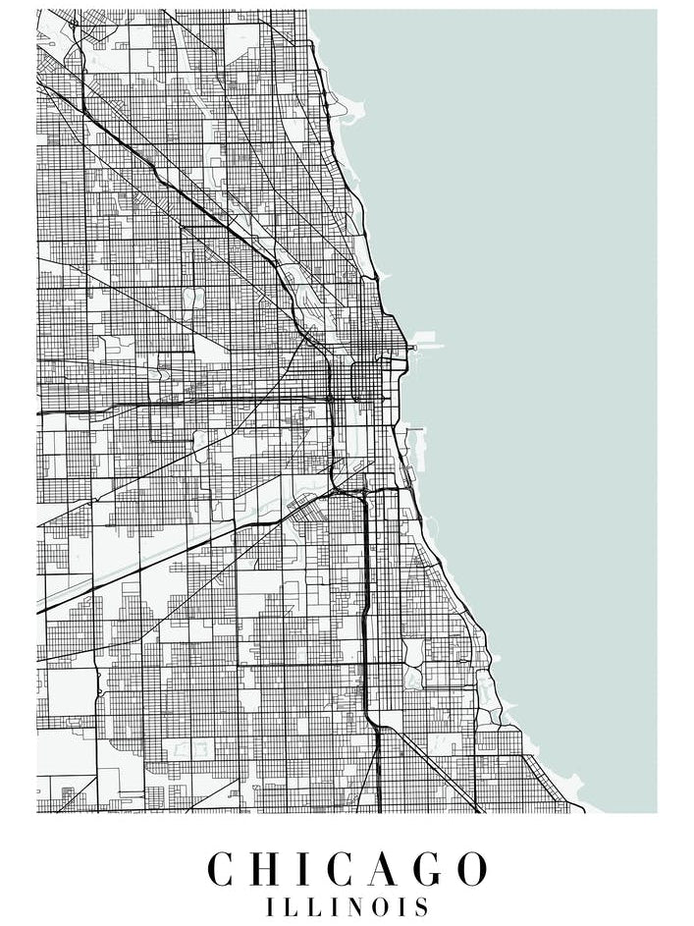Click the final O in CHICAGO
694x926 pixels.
click(470, 870)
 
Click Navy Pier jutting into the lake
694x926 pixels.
click(426, 346)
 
